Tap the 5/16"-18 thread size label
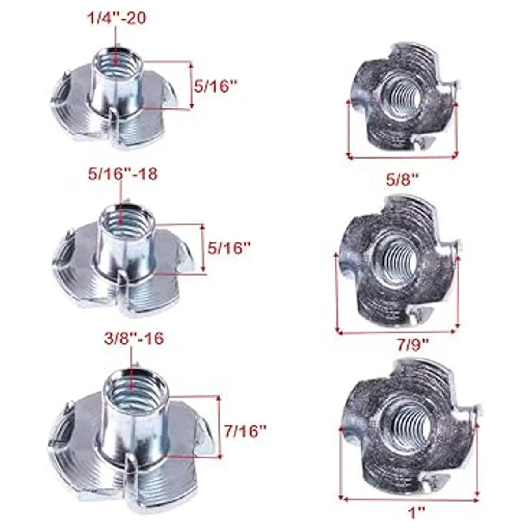coord(123,174)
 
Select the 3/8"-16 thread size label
coord(134,338)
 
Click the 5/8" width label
coord(403,181)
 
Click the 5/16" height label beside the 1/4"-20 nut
coord(216,87)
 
